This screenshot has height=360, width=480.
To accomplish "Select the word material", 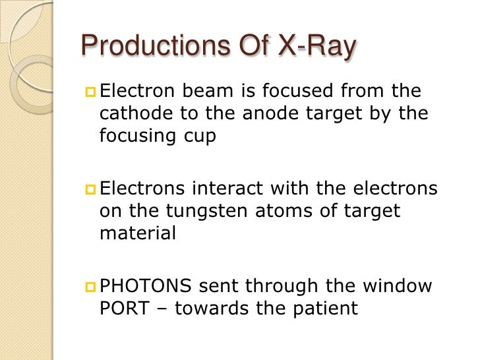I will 138,234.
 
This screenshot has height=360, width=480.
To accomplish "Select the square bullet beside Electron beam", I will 90,91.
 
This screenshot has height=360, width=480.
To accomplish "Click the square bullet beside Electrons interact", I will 90,189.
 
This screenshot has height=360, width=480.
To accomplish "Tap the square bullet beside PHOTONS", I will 90,286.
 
